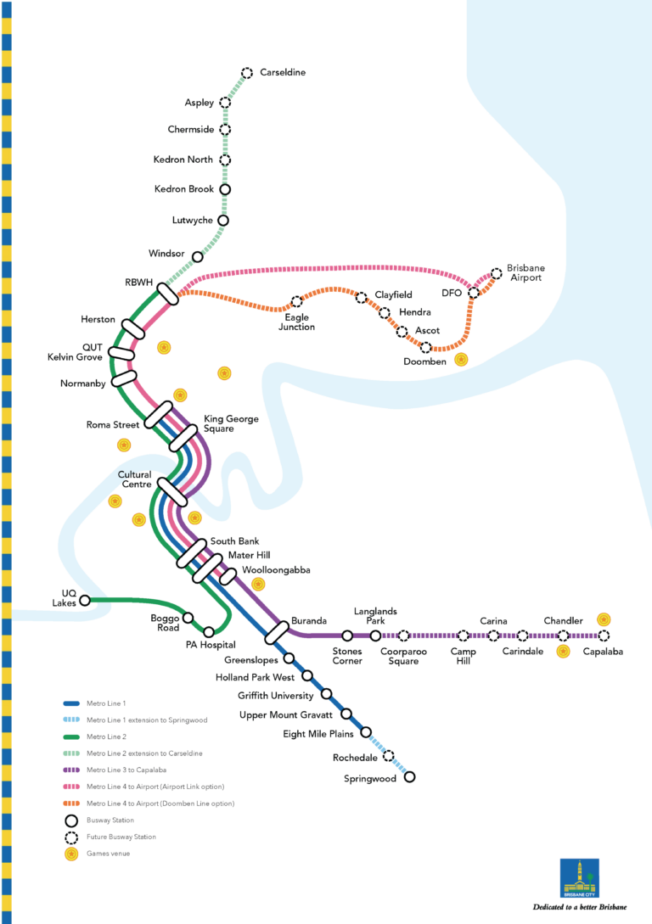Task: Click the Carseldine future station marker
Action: [247, 73]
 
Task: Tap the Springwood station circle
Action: [410, 776]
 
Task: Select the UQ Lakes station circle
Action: [85, 601]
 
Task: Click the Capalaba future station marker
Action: [604, 636]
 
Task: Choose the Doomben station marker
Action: [426, 347]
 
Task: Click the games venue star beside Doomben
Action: [461, 360]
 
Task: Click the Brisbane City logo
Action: [580, 878]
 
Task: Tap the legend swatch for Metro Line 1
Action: [71, 703]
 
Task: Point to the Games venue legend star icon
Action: [71, 853]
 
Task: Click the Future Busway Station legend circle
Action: [71, 837]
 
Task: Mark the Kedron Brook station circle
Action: [225, 189]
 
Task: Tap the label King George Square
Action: [231, 423]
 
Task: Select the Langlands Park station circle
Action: [375, 636]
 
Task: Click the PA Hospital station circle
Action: [209, 632]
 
